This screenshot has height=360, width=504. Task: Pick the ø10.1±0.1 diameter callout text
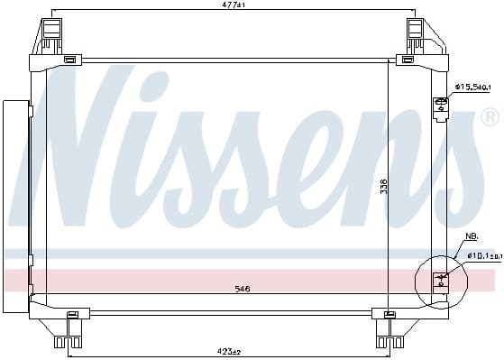coord(482,255)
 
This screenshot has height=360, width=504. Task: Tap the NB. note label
coord(471,236)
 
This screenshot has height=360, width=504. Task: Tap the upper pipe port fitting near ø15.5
coord(441,106)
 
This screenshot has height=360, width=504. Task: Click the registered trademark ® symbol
coord(490,118)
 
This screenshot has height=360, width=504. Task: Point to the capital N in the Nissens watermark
coord(95,144)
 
